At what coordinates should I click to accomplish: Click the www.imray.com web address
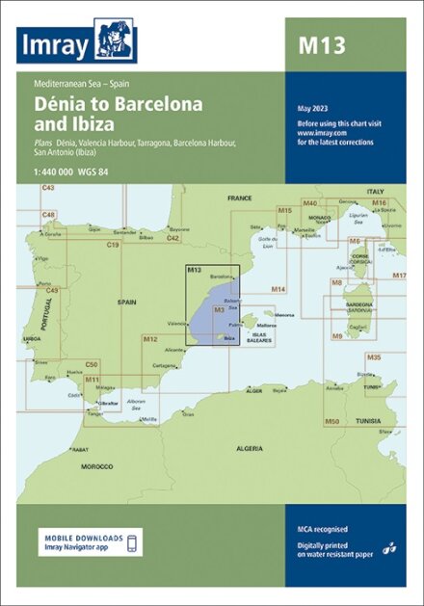tap(317, 132)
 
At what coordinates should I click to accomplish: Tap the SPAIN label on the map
tap(127, 302)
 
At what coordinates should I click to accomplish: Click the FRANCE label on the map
tap(238, 198)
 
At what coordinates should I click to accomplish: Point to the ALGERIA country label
tap(250, 449)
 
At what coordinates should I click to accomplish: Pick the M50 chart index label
tap(331, 421)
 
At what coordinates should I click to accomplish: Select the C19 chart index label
tap(113, 246)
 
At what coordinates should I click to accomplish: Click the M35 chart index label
tap(374, 357)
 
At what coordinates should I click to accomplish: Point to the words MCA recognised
tap(323, 529)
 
